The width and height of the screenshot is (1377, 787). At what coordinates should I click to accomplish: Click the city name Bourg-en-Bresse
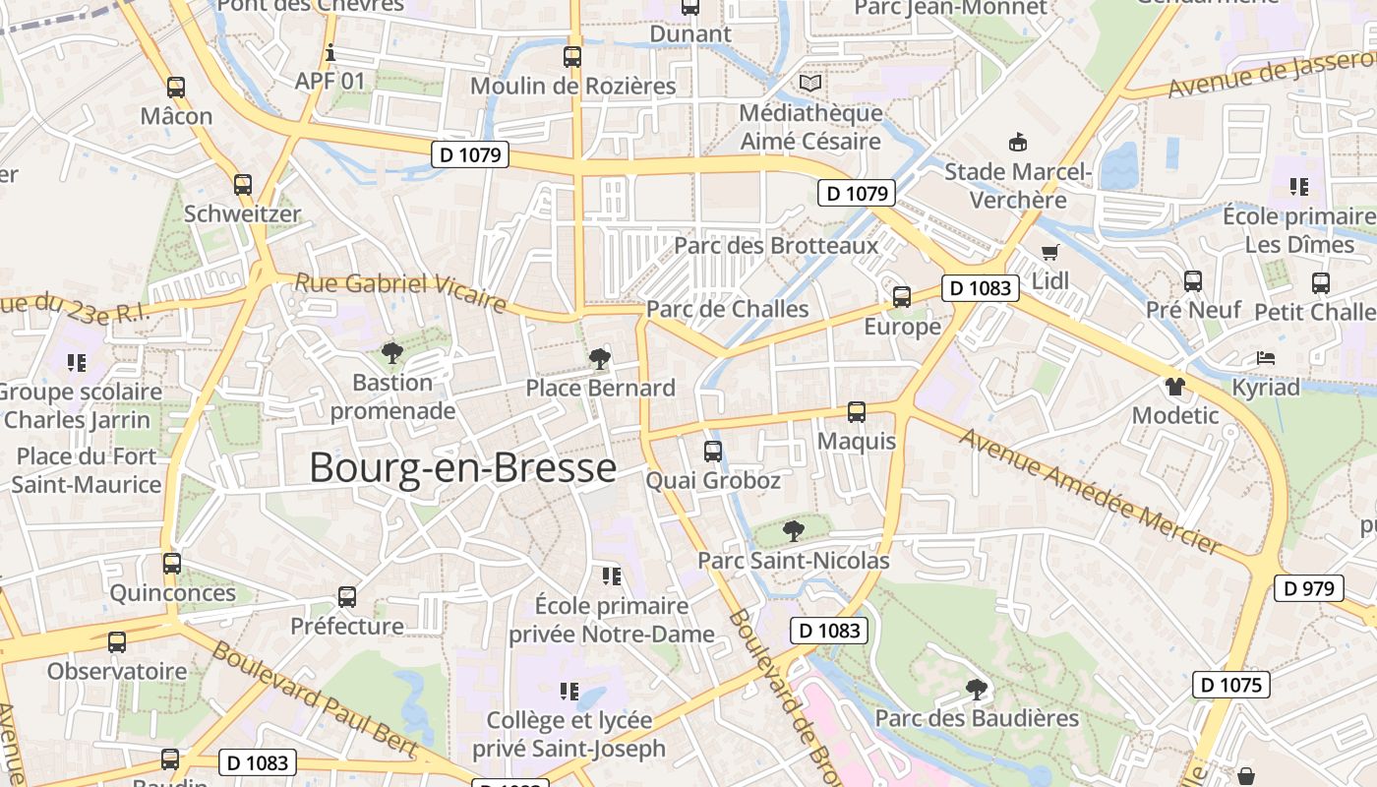coord(462,467)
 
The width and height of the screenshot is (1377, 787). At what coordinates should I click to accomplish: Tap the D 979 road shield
coord(1309,588)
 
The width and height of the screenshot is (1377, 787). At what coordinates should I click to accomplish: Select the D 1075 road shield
coord(1230,685)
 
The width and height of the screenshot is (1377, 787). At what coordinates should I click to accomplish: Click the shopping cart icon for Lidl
coord(1050,252)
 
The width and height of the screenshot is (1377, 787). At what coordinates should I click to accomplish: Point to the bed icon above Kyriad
coord(1266,358)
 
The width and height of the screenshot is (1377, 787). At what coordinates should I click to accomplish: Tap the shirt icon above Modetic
coord(1174,386)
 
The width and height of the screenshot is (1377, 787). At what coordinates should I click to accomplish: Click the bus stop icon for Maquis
coord(857,411)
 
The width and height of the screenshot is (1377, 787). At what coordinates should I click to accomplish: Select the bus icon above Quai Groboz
coord(713,452)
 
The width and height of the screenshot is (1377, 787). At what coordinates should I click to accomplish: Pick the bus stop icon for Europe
coord(902,296)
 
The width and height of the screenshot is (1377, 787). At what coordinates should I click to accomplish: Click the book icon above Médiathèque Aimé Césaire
coord(809,84)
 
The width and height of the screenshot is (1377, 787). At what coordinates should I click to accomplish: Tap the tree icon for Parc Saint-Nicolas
coord(793,531)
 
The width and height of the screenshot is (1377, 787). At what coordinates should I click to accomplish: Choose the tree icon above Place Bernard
coord(600,358)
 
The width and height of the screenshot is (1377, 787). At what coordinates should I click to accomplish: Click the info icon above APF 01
coord(330,51)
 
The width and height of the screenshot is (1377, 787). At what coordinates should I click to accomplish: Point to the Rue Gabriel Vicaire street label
coord(400,292)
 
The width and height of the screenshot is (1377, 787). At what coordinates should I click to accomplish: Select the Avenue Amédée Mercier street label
coord(1090,489)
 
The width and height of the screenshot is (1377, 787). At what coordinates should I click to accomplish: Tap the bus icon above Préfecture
coord(346,596)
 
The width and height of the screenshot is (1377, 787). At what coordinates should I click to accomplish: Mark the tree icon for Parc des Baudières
coord(976,689)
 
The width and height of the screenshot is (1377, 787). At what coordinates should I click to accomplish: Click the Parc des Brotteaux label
coord(776,245)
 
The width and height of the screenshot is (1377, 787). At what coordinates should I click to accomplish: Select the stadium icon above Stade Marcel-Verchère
coord(1018,143)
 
